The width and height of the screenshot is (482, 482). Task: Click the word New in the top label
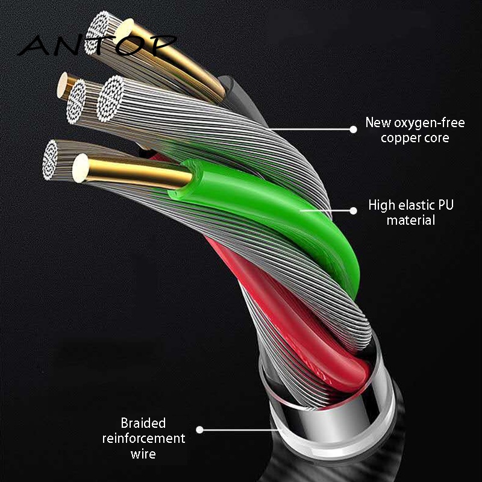tap(378, 124)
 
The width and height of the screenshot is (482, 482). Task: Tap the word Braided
tap(143, 423)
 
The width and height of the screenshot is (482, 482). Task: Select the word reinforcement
tap(143, 438)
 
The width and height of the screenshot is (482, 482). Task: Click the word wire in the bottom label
tap(143, 453)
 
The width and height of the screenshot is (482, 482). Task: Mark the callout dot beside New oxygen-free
tap(353, 128)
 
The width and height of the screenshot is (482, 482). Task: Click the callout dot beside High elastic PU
tap(353, 210)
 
